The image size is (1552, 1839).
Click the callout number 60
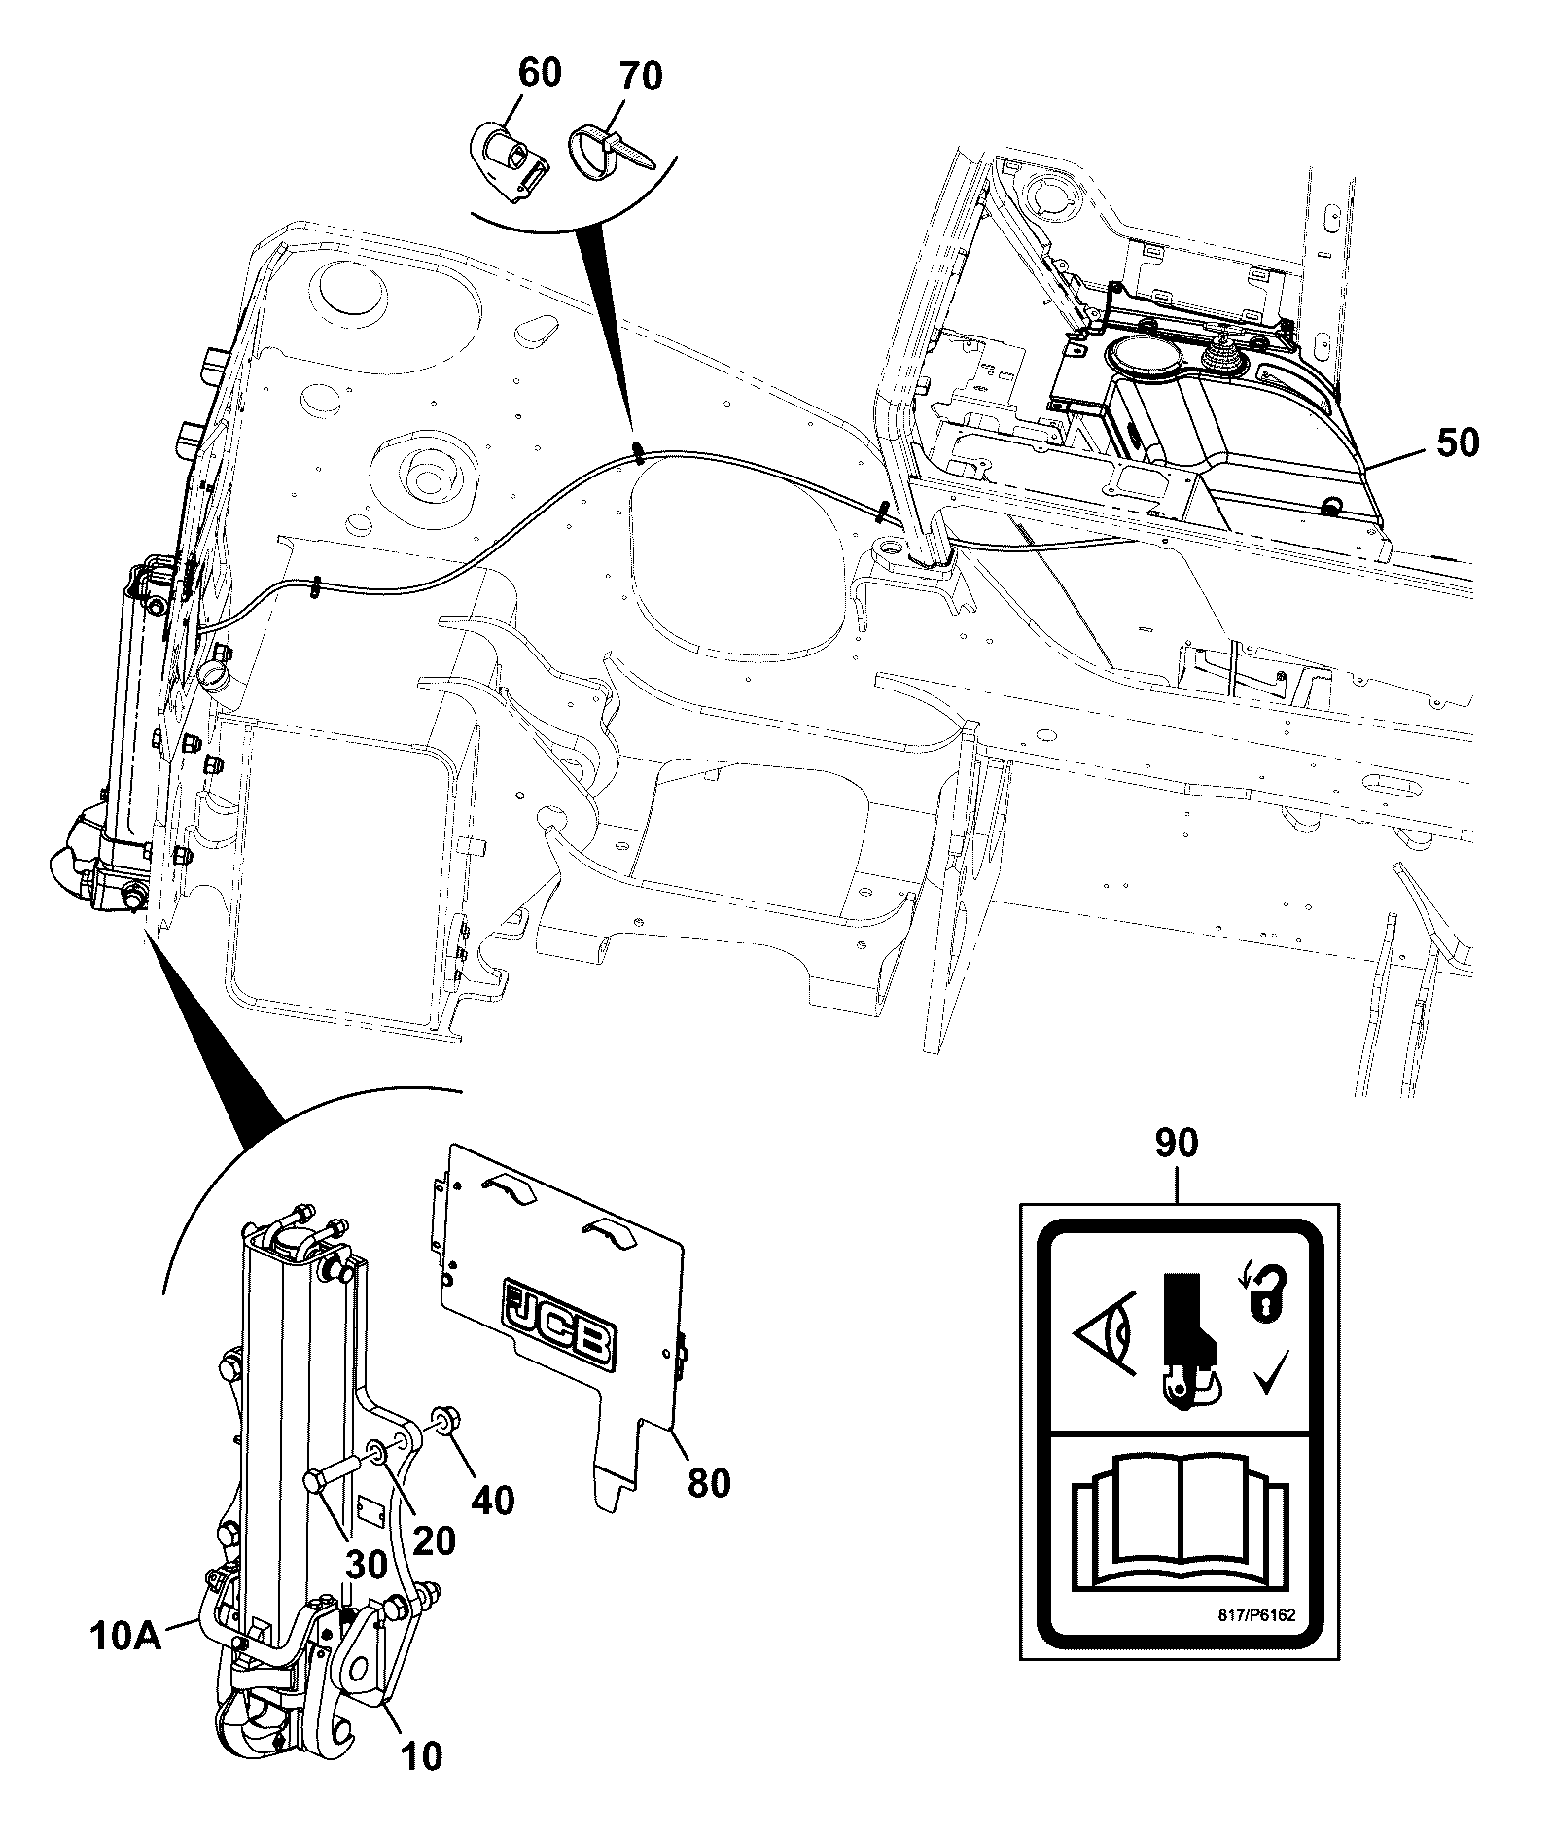540,73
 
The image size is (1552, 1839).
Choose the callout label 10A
126,1637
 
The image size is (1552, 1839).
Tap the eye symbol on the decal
1106,1333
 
